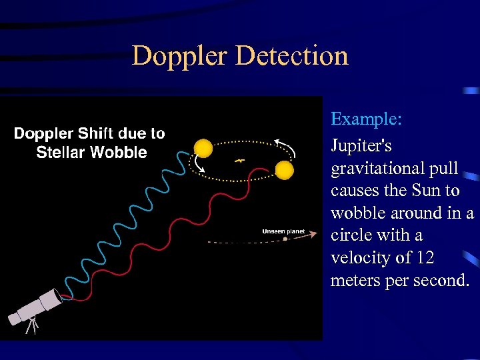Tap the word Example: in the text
click(366, 119)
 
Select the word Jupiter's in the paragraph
click(361, 145)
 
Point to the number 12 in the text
click(425, 258)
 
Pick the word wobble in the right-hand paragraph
click(353, 213)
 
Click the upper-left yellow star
click(203, 148)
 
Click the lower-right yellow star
click(285, 171)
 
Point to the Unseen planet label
click(283, 231)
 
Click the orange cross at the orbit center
click(239, 161)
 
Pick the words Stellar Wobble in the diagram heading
click(91, 153)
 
